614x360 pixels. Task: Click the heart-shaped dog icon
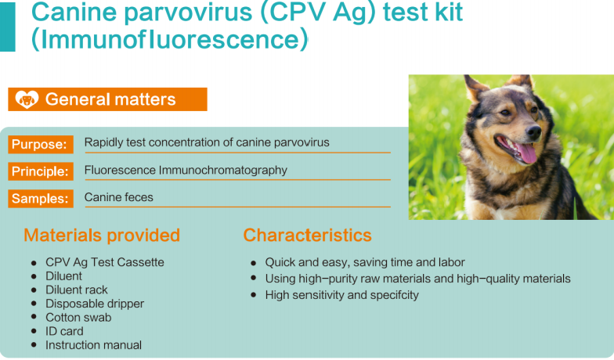pos(27,99)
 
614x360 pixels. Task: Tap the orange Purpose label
pos(41,144)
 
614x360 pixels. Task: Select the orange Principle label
pos(41,171)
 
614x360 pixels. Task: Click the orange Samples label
pos(41,199)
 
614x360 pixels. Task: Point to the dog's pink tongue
pos(526,153)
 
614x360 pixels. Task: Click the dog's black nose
pos(533,132)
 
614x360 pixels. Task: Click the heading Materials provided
pos(102,236)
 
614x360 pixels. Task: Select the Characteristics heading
pos(307,236)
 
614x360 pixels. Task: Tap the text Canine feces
pos(119,197)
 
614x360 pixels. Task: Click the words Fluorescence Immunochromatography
pos(186,171)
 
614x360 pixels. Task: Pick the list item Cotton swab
pos(78,318)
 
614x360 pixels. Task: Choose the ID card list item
pos(64,332)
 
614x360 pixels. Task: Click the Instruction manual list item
pos(94,345)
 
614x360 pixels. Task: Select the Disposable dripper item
pos(95,304)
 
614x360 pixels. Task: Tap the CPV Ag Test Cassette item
pos(105,262)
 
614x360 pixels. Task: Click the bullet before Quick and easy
pos(254,263)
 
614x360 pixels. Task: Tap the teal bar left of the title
pos(8,27)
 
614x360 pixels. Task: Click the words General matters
pos(110,99)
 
